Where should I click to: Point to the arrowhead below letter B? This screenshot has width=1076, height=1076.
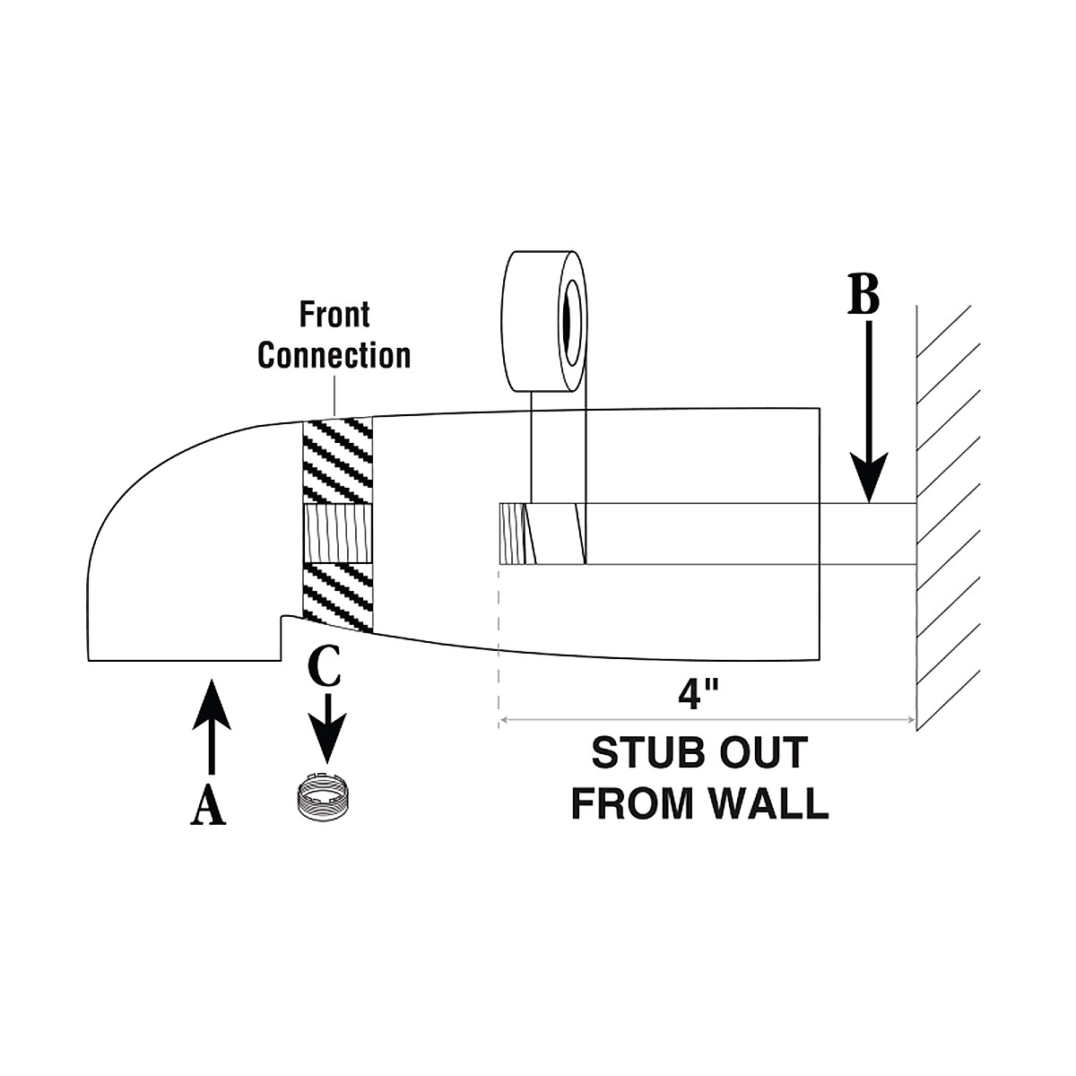(869, 476)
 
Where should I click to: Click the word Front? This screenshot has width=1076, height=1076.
(334, 315)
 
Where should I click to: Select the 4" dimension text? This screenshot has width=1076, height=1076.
(698, 696)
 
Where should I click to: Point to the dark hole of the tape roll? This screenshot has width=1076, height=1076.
(572, 322)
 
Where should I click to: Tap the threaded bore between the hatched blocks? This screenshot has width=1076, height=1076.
(337, 534)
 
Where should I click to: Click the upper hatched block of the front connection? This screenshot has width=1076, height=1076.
(337, 461)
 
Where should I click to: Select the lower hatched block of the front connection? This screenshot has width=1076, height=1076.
(337, 598)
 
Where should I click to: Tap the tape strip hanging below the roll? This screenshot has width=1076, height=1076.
(559, 447)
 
